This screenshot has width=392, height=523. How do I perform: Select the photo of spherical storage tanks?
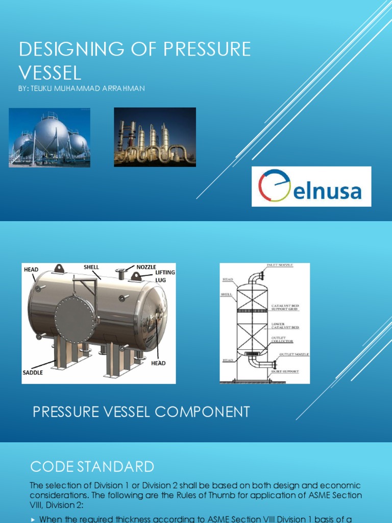click(x=50, y=137)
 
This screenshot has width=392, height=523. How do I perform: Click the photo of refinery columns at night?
click(x=155, y=137)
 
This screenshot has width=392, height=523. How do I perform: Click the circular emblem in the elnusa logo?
click(x=275, y=186)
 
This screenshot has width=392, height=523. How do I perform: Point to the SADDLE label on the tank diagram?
click(x=33, y=373)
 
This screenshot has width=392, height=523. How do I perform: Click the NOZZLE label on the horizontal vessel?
click(x=146, y=267)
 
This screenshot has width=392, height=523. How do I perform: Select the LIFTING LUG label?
click(x=165, y=276)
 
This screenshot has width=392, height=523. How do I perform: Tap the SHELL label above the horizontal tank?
click(x=91, y=267)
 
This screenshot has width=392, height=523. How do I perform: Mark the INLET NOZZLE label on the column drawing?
click(x=280, y=266)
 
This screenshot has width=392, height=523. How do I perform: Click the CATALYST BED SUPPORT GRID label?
click(x=285, y=307)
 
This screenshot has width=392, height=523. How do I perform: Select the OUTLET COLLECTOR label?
click(x=282, y=339)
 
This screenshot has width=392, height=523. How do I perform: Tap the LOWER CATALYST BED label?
click(x=285, y=325)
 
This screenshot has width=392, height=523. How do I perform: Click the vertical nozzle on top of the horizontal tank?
click(x=121, y=274)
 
